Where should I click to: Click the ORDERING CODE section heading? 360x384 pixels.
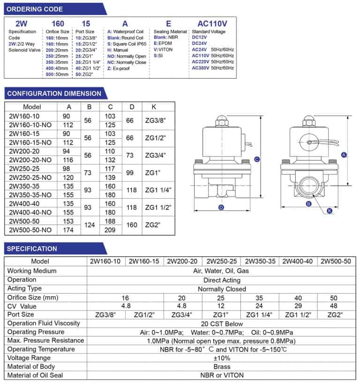[35, 9]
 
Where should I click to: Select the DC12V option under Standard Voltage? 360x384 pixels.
[199, 37]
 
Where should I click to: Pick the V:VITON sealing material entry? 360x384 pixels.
[163, 49]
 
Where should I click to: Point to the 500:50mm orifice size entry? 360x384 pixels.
[57, 74]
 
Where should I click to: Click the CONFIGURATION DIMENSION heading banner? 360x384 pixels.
[54, 93]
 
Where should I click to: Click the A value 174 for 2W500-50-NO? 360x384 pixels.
[68, 230]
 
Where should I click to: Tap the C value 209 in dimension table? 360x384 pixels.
[110, 230]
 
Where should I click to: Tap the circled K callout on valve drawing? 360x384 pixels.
[330, 211]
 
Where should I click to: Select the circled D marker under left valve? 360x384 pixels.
[221, 207]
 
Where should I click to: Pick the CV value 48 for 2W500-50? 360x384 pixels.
[334, 306]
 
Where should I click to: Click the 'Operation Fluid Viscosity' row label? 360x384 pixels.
[44, 323]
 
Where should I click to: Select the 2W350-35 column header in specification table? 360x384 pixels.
[260, 261]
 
